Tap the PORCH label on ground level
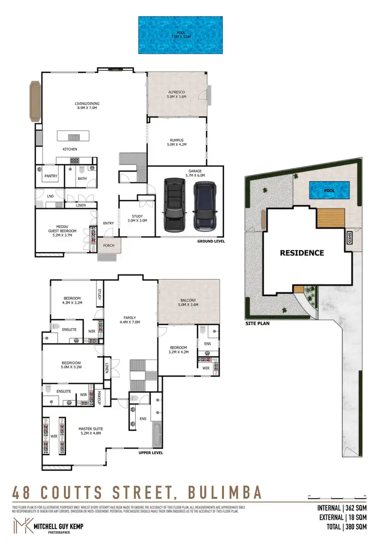[x=108, y=246]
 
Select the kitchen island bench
[x=73, y=136]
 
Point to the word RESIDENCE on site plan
[x=301, y=253]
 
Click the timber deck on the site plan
[x=331, y=218]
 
